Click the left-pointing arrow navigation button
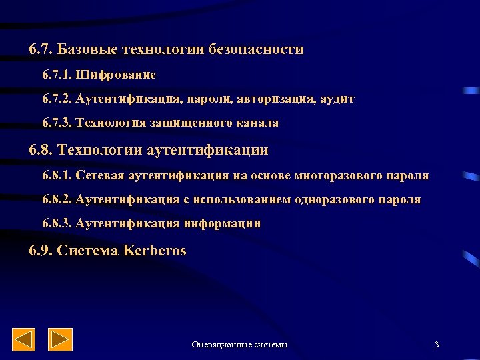24,340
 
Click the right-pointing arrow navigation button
61,340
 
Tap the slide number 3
437,345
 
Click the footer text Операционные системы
239,345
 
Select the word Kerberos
155,251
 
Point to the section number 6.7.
41,49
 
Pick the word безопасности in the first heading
256,49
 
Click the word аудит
337,99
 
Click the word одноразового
333,199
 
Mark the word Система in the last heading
88,251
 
